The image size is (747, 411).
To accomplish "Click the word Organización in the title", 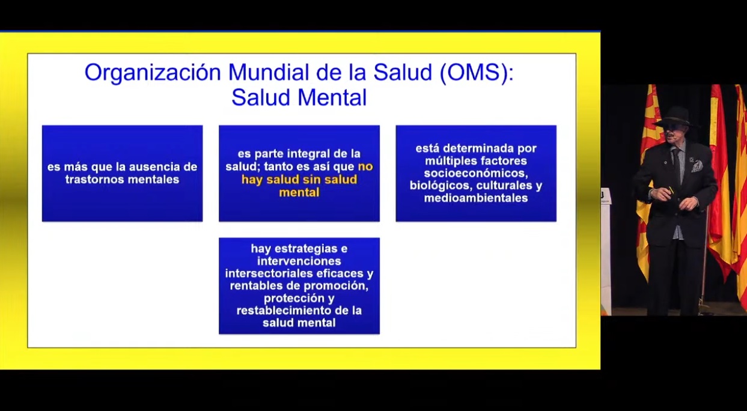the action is (x=153, y=73).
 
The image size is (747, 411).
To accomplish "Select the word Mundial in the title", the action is (x=269, y=72).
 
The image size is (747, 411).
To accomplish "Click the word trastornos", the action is (x=94, y=180).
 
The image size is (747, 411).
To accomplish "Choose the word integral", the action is (x=308, y=154).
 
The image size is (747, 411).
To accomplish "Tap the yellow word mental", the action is (x=299, y=192).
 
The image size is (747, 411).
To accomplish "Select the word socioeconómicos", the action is (x=476, y=173).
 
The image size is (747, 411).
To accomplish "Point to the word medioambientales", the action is (x=476, y=198).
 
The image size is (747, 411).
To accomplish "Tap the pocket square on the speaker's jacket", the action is (x=697, y=166).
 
